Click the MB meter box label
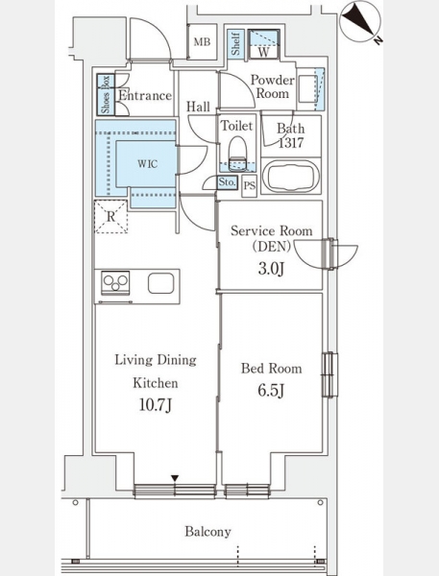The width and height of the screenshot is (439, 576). coord(202,42)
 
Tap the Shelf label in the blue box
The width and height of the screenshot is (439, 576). coord(235,44)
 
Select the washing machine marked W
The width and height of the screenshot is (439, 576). coord(263,44)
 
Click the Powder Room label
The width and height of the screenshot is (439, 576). coord(273,86)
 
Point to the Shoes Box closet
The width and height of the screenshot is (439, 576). coord(106,94)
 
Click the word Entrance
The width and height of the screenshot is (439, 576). coord(145,95)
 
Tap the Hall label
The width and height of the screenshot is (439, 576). coord(198,107)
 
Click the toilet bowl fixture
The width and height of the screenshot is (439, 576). coord(237,154)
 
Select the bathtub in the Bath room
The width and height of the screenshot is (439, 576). coord(291,177)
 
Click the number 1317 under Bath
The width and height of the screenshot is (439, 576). coord(291,142)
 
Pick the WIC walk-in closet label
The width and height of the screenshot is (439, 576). coord(148,164)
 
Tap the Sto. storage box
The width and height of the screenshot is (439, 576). coord(227,182)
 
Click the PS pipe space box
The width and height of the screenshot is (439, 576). coord(250,185)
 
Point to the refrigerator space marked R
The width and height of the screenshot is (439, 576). coord(111,216)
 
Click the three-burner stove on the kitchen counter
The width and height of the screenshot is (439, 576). coord(115,282)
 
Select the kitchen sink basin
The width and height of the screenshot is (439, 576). coord(161,283)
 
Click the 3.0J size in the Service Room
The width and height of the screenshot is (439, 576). coord(271,269)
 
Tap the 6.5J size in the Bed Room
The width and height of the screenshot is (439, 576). coord(271,390)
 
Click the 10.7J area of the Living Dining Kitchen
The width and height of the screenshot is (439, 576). coord(156,405)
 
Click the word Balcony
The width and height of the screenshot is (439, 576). coord(207,532)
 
